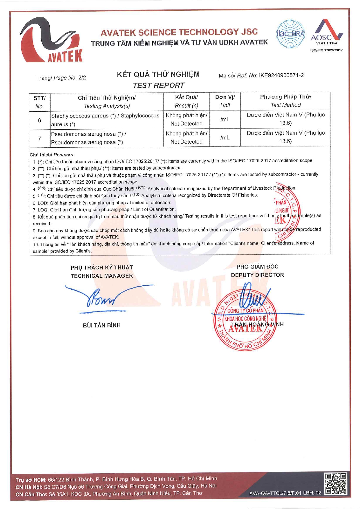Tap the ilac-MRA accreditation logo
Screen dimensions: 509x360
coord(290,34)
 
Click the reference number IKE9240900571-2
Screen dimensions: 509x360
coord(281,75)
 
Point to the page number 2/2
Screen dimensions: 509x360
coord(82,78)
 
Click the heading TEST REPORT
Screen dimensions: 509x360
coord(158,85)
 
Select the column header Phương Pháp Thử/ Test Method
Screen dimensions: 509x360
coord(285,101)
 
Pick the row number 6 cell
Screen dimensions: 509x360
coord(39,120)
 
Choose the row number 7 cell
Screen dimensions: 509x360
coord(39,138)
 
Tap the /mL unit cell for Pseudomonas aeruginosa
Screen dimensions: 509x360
coord(225,137)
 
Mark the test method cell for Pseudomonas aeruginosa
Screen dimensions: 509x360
coord(285,137)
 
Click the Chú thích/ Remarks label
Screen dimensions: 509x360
coord(52,155)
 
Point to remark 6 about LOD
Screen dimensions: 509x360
coord(102,203)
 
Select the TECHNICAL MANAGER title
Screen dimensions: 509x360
coord(102,276)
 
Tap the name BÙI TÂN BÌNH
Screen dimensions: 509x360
coord(102,325)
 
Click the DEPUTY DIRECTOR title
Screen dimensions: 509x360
coord(257,275)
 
